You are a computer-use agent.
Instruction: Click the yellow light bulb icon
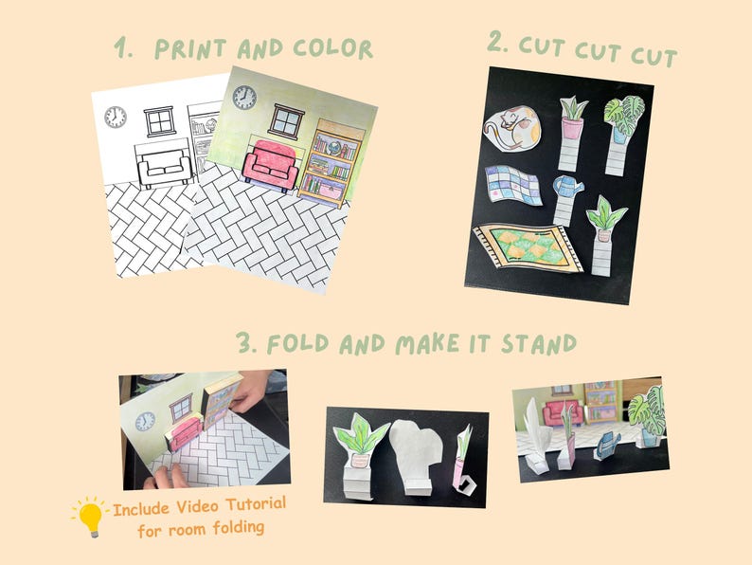(90, 516)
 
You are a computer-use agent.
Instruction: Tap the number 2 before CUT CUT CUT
(497, 42)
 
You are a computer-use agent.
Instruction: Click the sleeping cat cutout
(511, 131)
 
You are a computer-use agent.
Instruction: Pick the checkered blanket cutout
(512, 185)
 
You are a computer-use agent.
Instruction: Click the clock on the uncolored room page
(115, 118)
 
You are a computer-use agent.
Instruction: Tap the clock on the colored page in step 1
(244, 98)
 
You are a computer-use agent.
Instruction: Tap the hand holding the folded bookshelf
(244, 391)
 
